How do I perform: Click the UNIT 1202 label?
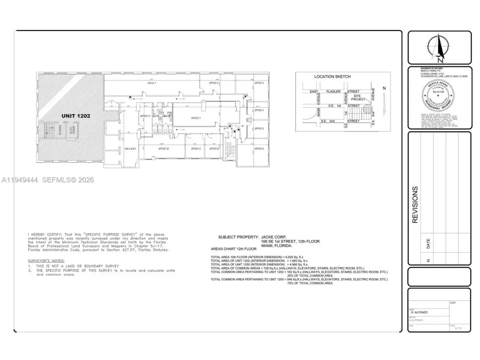click(x=75, y=116)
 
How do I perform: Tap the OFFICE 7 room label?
click(x=195, y=118)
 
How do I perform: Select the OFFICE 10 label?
click(x=163, y=149)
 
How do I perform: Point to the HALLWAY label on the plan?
click(x=130, y=149)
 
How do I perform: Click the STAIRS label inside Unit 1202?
click(x=60, y=129)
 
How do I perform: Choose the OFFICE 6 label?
click(x=259, y=149)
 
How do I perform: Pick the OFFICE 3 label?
click(x=259, y=83)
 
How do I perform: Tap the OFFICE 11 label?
click(x=145, y=116)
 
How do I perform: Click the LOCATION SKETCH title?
click(x=332, y=76)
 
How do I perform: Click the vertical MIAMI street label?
click(x=318, y=112)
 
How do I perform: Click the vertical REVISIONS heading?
click(x=415, y=204)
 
